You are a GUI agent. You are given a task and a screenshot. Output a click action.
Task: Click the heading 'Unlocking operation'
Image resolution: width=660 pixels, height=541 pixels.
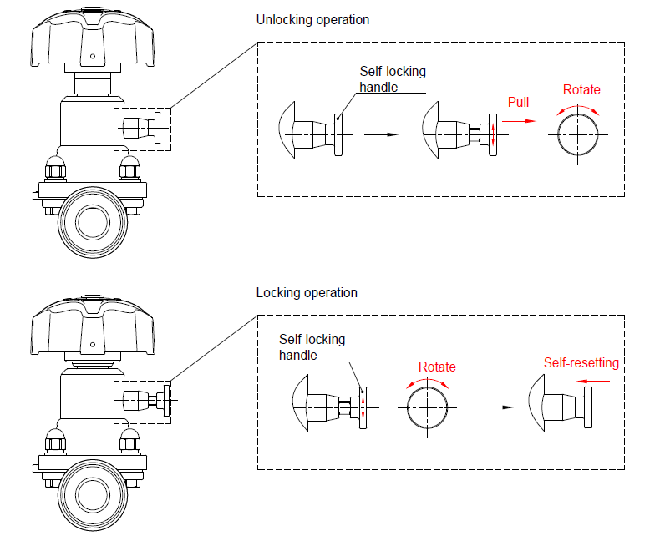click(312, 19)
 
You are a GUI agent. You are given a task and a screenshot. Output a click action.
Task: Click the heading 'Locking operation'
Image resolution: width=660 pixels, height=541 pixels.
click(307, 292)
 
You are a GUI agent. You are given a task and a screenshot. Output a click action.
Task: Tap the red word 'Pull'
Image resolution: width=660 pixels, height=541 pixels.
click(518, 102)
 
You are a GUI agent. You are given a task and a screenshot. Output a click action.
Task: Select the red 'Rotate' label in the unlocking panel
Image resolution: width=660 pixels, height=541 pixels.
click(581, 89)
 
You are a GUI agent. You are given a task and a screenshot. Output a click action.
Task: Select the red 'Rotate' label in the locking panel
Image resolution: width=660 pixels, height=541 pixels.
click(437, 367)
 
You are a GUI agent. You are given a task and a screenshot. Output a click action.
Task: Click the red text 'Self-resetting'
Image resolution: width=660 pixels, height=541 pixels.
click(581, 362)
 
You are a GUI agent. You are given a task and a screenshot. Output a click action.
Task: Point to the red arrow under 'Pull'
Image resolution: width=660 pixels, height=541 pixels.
click(524, 120)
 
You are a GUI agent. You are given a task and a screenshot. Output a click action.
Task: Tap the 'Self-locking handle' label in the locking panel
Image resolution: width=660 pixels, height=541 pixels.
click(312, 347)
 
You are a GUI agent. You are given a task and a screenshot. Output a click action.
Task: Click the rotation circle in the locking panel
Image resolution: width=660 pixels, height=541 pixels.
click(428, 408)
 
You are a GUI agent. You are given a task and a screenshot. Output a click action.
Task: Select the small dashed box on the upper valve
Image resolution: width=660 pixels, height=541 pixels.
click(142, 129)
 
